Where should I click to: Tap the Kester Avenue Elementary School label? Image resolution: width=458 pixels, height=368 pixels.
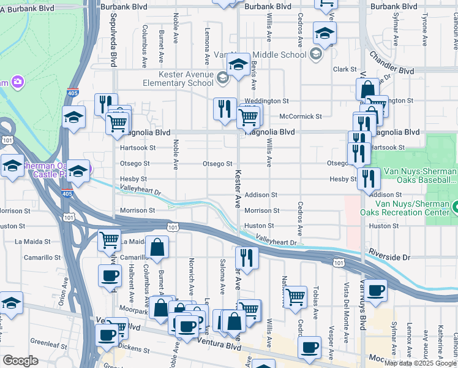(x=178, y=79)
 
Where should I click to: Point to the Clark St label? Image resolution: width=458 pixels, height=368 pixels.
(x=345, y=70)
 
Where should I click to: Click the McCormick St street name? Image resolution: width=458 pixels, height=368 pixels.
(x=300, y=116)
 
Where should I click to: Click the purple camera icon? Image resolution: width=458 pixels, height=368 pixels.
(x=18, y=82)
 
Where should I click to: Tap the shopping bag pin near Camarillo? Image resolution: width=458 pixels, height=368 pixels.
(x=157, y=248)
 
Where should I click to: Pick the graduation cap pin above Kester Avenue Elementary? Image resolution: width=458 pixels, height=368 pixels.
(x=238, y=63)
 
